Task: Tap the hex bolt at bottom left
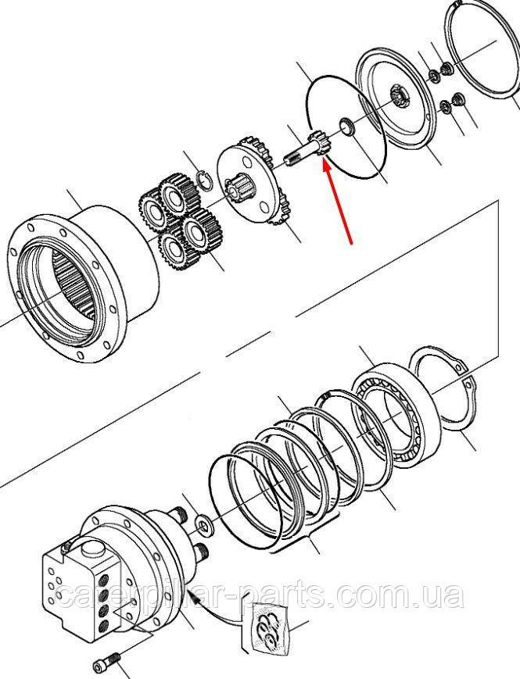[106, 663]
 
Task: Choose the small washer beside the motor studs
[203, 522]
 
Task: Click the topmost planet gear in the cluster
[177, 194]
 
